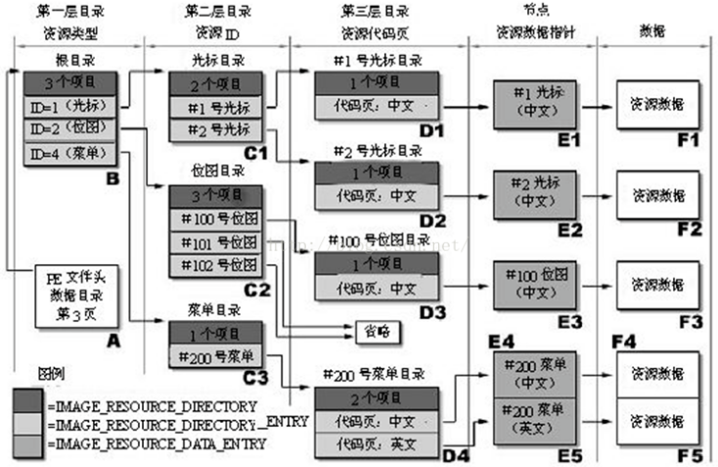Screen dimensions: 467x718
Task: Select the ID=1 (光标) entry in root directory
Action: (x=69, y=106)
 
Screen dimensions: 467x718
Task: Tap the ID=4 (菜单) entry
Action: (x=69, y=154)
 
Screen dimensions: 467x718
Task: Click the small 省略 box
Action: (x=376, y=331)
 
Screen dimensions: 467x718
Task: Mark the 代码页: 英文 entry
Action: (x=376, y=444)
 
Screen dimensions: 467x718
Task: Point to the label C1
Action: (x=256, y=153)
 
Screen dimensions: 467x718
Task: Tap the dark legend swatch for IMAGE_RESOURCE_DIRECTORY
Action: (x=25, y=402)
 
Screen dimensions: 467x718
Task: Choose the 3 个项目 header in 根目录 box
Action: (x=69, y=82)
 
